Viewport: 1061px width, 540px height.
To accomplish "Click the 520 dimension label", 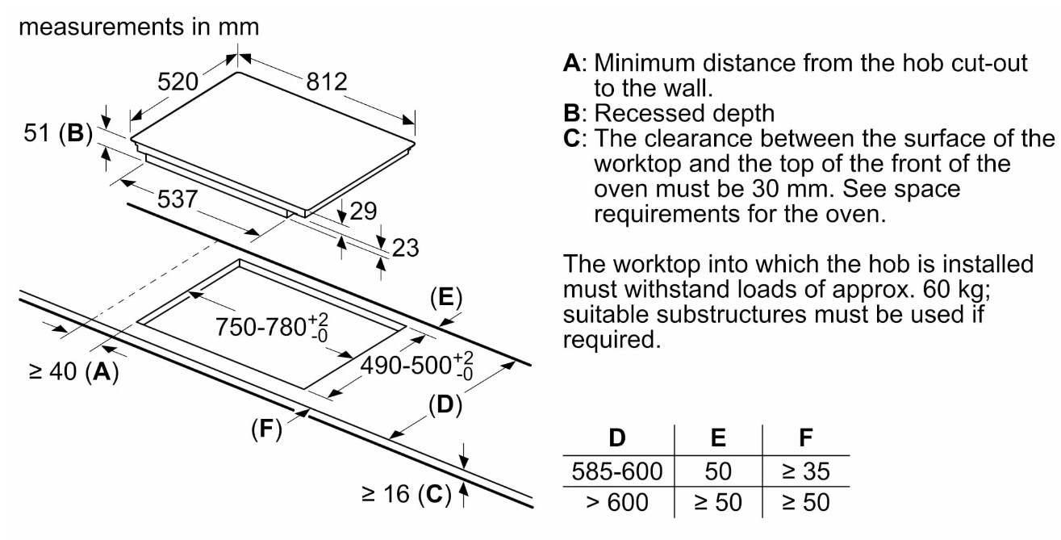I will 177,82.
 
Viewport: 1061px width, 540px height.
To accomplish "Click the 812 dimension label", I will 327,82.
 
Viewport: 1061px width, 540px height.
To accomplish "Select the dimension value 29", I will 363,211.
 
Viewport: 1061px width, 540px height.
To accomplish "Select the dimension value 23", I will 405,247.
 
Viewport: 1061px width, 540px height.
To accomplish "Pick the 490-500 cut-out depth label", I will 416,365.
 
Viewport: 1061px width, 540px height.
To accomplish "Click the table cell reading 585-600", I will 617,471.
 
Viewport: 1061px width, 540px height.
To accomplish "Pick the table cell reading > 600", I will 617,501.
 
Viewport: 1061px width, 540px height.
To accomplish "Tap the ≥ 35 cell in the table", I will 804,471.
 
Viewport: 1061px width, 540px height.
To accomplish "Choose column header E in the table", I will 717,438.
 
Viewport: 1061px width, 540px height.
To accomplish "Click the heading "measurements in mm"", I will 139,27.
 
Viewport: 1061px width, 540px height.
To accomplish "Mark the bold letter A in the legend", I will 571,63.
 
